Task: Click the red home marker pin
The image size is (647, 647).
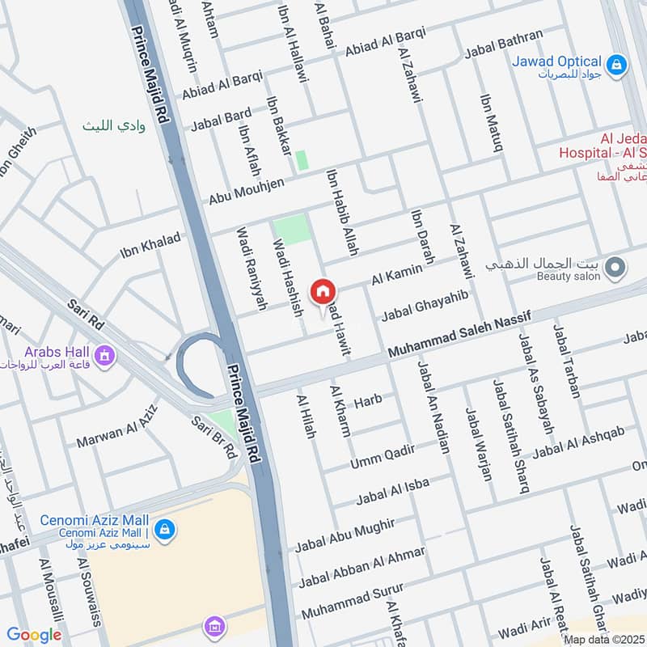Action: coord(323,293)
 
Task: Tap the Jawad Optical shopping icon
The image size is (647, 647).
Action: coord(616,64)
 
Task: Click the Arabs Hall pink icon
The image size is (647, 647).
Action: coord(104,354)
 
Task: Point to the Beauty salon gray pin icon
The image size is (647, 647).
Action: coord(615,266)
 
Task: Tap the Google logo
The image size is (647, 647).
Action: coord(34,635)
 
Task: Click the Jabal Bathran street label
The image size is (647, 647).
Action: coord(503,45)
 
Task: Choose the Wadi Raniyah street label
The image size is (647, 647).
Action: coord(251,269)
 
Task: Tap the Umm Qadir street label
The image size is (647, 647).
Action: coord(382,457)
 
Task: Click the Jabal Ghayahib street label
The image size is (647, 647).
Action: coord(425,306)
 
